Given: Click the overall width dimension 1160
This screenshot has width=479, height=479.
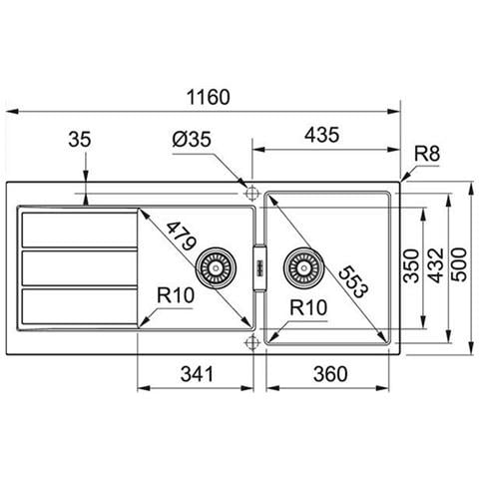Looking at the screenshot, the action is pos(209,97).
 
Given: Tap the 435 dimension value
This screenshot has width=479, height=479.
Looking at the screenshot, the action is pos(322,135).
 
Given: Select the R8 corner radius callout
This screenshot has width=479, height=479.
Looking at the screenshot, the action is pos(427,154).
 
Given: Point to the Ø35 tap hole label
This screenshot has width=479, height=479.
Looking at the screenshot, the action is pos(192,139).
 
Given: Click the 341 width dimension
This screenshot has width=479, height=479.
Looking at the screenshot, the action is pos(197,373).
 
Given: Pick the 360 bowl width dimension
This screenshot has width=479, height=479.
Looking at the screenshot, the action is pos(330,373).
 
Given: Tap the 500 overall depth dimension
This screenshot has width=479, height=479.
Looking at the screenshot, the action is pos(460,264).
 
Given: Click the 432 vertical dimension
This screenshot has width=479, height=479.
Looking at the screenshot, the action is pos(436,265).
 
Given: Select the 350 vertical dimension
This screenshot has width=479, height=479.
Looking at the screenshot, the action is pos(411,265).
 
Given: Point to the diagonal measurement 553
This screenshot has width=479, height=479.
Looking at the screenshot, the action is pos(353,281).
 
